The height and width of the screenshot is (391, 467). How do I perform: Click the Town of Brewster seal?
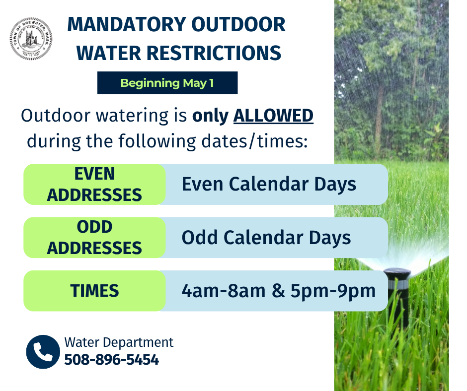click(x=31, y=39)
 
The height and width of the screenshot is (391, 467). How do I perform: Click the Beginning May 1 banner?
click(x=167, y=83)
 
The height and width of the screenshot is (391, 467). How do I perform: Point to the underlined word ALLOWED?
click(x=273, y=116)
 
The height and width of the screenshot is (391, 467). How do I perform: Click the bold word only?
click(x=210, y=116)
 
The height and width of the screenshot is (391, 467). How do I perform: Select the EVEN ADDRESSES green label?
click(x=94, y=184)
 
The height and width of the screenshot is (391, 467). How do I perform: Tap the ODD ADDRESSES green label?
click(x=94, y=238)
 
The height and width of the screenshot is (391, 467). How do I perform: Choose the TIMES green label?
click(x=94, y=291)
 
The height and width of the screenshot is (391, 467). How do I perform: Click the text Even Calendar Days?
click(x=269, y=184)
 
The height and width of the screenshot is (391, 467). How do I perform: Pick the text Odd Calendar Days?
click(x=266, y=238)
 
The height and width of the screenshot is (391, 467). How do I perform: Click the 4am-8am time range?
click(x=224, y=291)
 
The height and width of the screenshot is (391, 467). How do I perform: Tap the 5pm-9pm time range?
click(x=333, y=291)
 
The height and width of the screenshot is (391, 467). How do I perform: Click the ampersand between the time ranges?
click(x=278, y=291)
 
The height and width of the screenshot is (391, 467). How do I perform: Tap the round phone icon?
click(x=43, y=352)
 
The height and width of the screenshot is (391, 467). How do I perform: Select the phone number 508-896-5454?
click(x=112, y=359)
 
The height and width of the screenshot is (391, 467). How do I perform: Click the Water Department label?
click(x=119, y=342)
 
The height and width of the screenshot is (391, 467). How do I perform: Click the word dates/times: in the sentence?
click(x=254, y=141)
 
